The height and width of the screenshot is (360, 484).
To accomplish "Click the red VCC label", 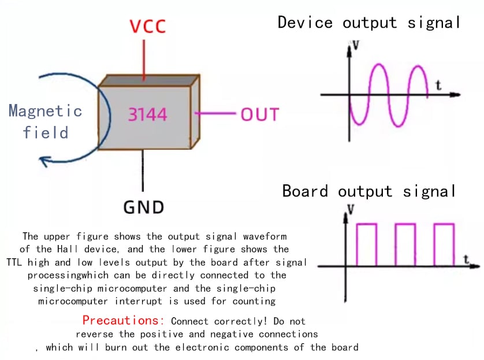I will (x=147, y=27).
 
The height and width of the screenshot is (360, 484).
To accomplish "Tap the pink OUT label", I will (x=259, y=114).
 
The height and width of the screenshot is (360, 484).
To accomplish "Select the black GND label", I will (x=143, y=207).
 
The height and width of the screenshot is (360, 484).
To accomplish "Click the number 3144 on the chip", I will (x=147, y=114).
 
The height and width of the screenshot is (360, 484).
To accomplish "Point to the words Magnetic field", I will (x=45, y=121).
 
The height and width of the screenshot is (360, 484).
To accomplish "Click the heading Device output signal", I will (x=369, y=23).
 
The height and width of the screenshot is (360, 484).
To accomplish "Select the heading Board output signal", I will (x=369, y=191).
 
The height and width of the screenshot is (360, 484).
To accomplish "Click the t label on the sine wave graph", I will (x=438, y=86).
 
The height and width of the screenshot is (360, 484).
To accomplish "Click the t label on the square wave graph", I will (x=466, y=259).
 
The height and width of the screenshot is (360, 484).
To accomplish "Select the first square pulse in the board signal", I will (x=367, y=244).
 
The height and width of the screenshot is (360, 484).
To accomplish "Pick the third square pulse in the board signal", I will (x=444, y=244).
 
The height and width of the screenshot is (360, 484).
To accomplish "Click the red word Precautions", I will (x=124, y=320).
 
